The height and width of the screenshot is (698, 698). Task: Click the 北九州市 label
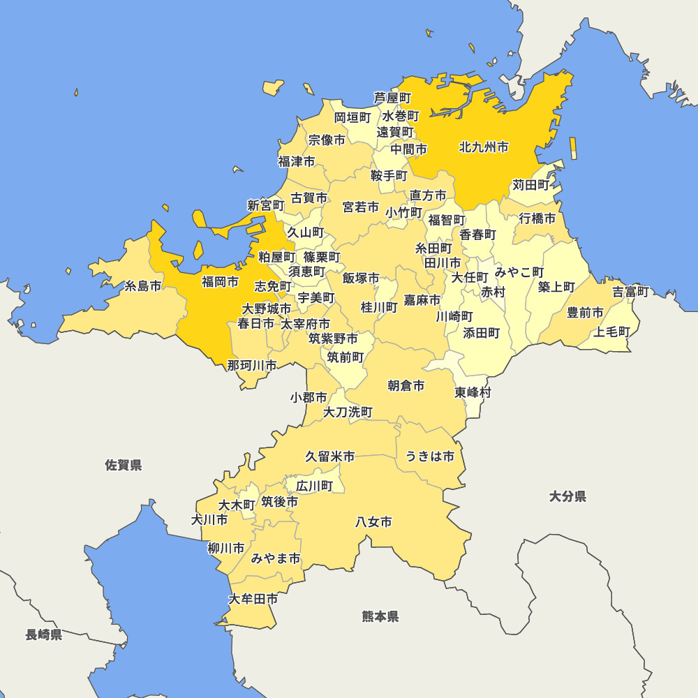click(484, 147)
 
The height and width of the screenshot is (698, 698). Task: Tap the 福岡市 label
click(220, 282)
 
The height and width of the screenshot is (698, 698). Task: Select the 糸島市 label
click(143, 286)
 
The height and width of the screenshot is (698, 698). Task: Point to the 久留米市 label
click(329, 456)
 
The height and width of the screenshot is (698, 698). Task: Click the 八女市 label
click(373, 521)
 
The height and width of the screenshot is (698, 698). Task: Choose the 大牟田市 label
click(253, 599)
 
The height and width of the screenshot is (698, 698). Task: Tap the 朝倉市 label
click(406, 385)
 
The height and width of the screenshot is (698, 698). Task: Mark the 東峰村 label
click(473, 392)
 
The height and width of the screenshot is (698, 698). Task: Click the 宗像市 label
click(327, 140)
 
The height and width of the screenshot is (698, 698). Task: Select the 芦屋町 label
click(392, 98)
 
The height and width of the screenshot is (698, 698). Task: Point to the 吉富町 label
click(630, 292)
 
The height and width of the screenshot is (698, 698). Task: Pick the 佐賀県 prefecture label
click(124, 465)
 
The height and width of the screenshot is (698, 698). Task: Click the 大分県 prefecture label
click(567, 496)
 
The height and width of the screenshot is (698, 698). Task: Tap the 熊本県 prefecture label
click(380, 616)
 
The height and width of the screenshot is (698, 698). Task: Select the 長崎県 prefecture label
click(44, 634)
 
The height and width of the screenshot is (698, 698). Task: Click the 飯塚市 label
click(361, 279)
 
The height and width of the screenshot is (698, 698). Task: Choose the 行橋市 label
click(537, 218)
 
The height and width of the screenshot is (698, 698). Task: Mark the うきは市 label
click(430, 456)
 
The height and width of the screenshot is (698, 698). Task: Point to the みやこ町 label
click(519, 272)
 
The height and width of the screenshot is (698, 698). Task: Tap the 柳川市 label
click(226, 548)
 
